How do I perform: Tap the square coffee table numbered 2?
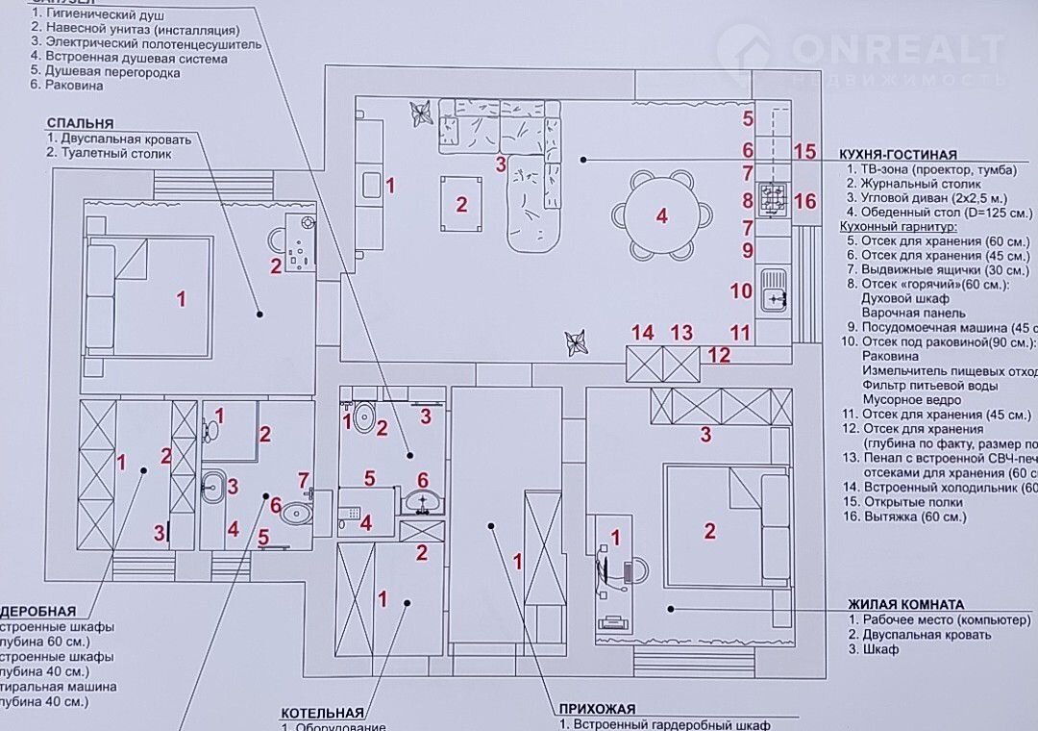[x=461, y=203]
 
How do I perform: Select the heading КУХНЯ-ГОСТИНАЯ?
[x=898, y=154]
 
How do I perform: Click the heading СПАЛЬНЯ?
[x=81, y=123]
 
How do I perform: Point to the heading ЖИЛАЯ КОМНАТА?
[x=905, y=604]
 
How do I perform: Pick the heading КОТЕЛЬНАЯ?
[x=322, y=713]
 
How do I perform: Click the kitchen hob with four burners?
[x=772, y=199]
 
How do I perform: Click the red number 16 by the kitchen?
[x=805, y=201]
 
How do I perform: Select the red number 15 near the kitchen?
[x=805, y=151]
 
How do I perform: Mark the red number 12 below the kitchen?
[x=719, y=355]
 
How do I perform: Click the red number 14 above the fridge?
[x=643, y=333]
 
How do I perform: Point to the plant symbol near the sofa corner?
[x=420, y=113]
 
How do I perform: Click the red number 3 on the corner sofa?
[x=501, y=164]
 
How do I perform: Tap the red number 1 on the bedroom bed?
[x=181, y=298]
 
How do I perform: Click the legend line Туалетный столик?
[x=109, y=153]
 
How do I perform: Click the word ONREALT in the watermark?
[x=899, y=48]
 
